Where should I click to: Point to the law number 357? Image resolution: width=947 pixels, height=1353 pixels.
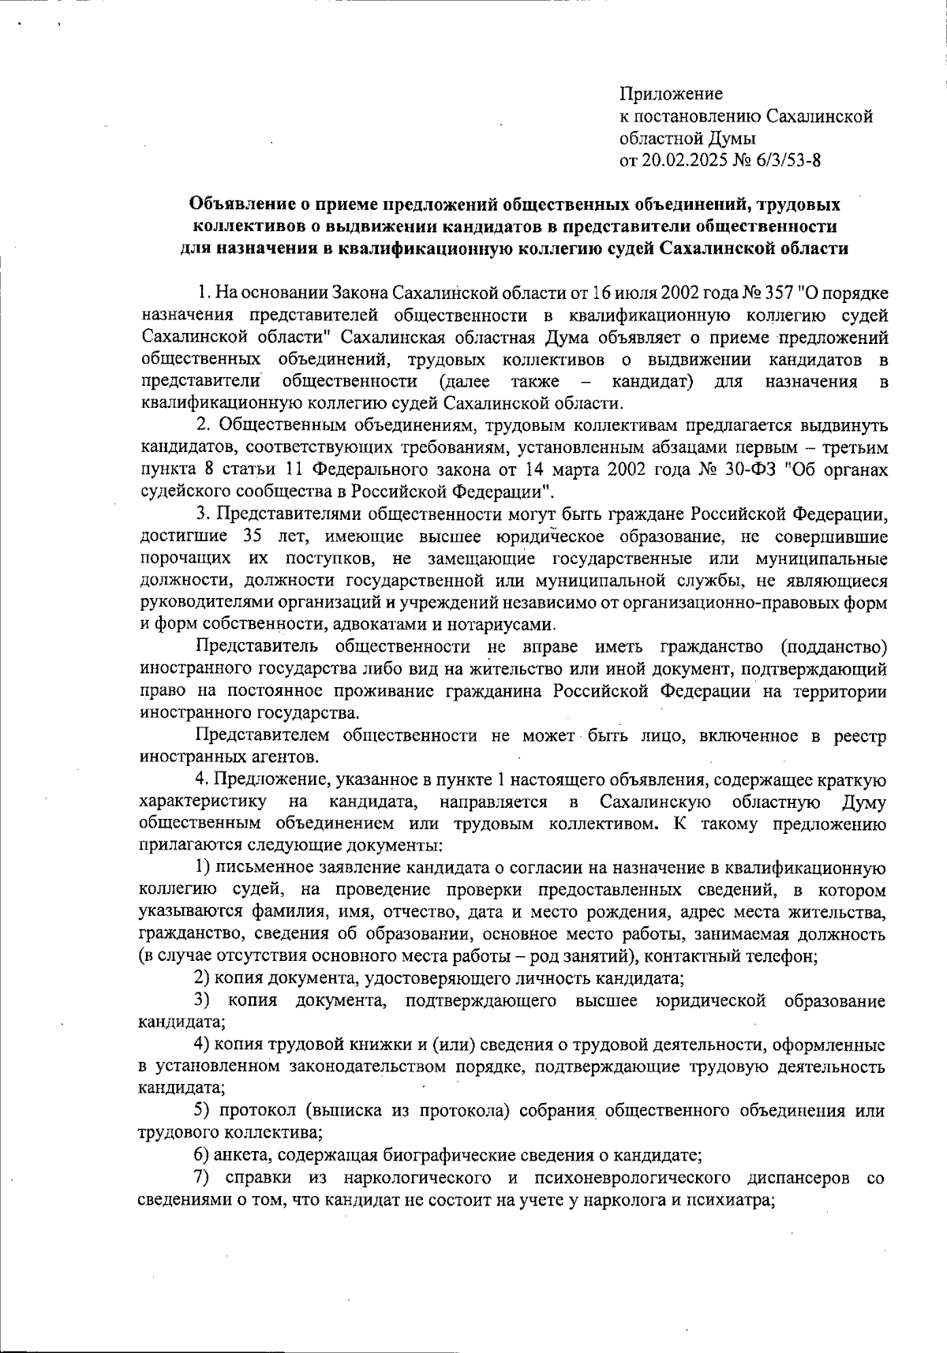[x=777, y=293]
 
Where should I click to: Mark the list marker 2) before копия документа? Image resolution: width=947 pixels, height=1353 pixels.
[x=201, y=979]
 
